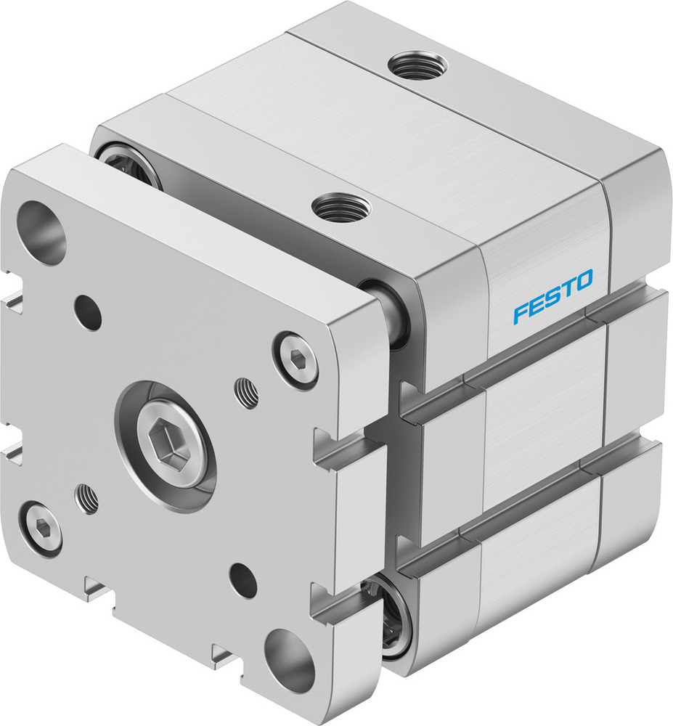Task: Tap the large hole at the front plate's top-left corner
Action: pyautogui.click(x=41, y=232)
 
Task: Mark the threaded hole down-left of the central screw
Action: pyautogui.click(x=87, y=499)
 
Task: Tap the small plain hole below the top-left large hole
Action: pyautogui.click(x=88, y=312)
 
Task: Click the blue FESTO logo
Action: pyautogui.click(x=552, y=296)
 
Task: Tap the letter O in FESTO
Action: pyautogui.click(x=584, y=280)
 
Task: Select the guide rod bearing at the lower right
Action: pyautogui.click(x=396, y=611)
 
